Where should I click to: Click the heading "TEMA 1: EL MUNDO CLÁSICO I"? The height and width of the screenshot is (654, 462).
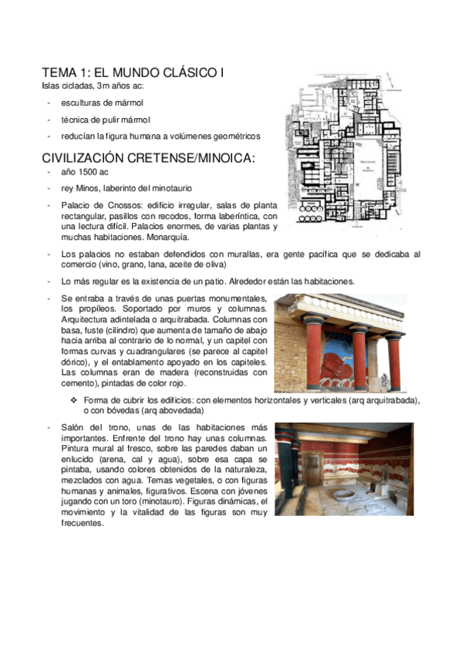tap(133, 72)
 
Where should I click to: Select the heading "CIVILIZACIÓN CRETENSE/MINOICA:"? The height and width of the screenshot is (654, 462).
tap(148, 158)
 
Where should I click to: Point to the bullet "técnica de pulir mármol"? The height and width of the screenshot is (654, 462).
tap(106, 120)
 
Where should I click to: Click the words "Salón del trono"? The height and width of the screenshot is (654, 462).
tap(91, 427)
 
